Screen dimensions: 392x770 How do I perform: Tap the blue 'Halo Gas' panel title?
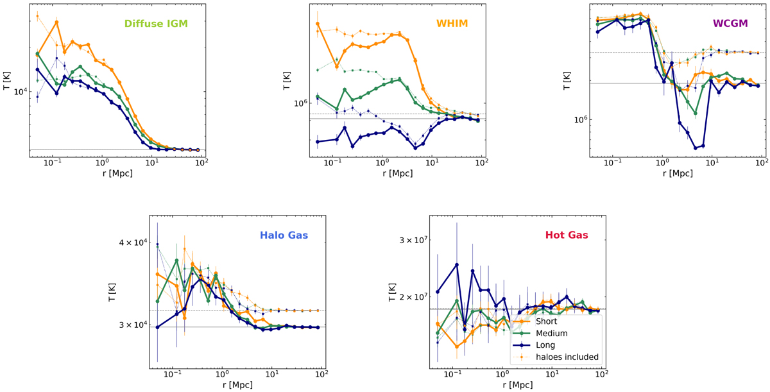pos(285,235)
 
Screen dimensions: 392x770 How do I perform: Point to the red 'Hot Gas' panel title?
pos(567,235)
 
